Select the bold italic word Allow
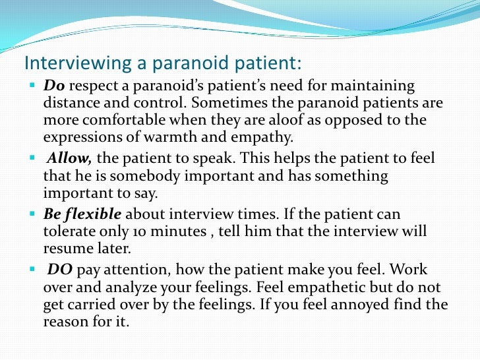pyautogui.click(x=69, y=160)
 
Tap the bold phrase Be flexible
pyautogui.click(x=82, y=215)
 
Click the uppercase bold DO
pyautogui.click(x=61, y=270)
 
